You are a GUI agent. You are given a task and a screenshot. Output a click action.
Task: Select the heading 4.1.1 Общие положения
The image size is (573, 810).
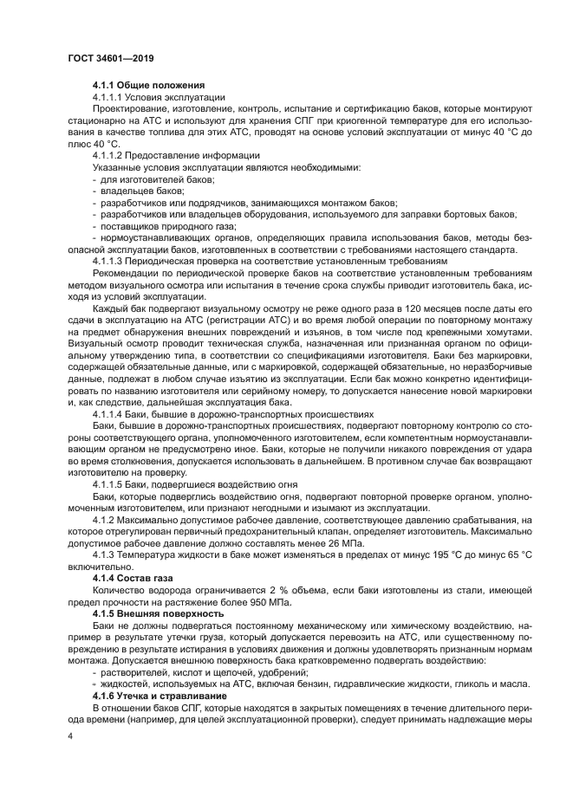click(148, 85)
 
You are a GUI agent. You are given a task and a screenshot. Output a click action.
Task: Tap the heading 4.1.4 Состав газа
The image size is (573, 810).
click(134, 575)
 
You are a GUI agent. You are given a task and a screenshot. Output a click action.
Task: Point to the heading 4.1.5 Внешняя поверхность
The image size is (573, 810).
click(158, 612)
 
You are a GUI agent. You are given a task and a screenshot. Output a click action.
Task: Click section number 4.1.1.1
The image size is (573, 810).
click(109, 97)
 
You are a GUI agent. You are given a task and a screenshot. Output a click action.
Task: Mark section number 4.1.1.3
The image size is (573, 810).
click(109, 259)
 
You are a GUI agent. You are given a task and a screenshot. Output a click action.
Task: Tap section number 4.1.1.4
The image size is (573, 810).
click(109, 414)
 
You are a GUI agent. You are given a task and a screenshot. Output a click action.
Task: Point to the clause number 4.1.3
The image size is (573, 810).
click(106, 554)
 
